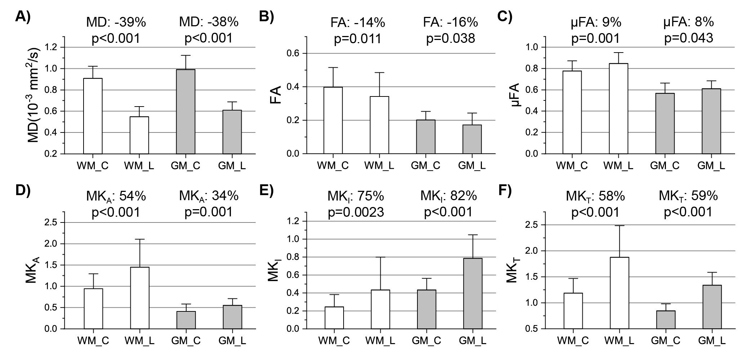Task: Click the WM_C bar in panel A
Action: pyautogui.click(x=93, y=116)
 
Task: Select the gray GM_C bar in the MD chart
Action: pyautogui.click(x=185, y=112)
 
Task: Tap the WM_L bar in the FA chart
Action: pyautogui.click(x=379, y=125)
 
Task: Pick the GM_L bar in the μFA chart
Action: pyautogui.click(x=711, y=121)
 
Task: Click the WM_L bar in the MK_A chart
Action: pyautogui.click(x=140, y=298)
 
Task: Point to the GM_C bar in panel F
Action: pyautogui.click(x=666, y=320)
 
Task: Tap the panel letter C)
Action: pyautogui.click(x=504, y=17)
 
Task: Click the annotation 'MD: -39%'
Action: pyautogui.click(x=116, y=22)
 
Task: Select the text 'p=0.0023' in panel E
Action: pyautogui.click(x=355, y=212)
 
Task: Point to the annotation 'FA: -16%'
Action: pyautogui.click(x=450, y=22)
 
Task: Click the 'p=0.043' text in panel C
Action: pyautogui.click(x=689, y=38)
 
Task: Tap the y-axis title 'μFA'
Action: pyautogui.click(x=515, y=97)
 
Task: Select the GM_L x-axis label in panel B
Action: pyautogui.click(x=472, y=166)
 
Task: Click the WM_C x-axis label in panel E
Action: pyautogui.click(x=333, y=341)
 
